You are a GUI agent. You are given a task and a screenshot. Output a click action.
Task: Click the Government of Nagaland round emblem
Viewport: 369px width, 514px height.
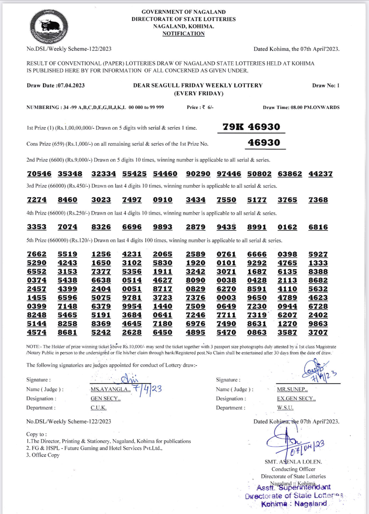[x=49, y=27]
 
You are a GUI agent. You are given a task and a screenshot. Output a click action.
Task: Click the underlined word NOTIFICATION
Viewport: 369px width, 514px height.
[x=183, y=33]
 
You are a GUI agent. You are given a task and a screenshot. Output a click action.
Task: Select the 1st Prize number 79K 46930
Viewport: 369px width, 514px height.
[x=251, y=127]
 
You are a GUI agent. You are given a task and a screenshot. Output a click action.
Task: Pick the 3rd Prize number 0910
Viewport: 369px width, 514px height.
[x=162, y=200]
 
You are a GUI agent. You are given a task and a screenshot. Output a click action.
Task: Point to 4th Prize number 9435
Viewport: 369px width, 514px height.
[x=226, y=227]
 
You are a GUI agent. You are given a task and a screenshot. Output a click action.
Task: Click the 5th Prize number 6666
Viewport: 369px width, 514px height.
[x=257, y=254]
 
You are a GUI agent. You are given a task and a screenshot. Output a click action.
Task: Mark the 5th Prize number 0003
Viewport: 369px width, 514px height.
[x=226, y=298]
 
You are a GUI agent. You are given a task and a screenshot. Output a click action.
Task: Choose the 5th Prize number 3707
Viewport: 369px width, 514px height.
[x=318, y=332]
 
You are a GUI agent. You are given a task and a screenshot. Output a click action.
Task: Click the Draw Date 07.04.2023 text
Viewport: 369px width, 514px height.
[x=56, y=85]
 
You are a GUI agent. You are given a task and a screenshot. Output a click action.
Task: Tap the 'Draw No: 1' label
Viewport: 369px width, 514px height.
[x=326, y=85]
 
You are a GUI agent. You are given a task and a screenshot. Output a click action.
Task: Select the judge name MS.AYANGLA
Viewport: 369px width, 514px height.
[x=110, y=389]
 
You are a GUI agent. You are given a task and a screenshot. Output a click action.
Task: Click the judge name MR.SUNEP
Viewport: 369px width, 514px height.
[x=292, y=389]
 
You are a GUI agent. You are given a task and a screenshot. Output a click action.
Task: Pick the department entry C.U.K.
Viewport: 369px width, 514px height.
[x=98, y=408]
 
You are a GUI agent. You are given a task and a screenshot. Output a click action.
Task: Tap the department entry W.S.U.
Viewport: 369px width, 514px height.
[x=285, y=408]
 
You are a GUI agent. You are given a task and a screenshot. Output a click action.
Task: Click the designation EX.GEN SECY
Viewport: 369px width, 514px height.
[x=296, y=398]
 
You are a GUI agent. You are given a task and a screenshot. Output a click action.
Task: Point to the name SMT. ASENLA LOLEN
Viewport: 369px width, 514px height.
[x=293, y=462]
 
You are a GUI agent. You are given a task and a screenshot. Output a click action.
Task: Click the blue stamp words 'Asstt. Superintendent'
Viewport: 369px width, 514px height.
[x=294, y=488]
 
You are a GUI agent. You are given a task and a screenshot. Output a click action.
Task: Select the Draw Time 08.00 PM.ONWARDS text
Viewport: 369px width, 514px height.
[x=301, y=107]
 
